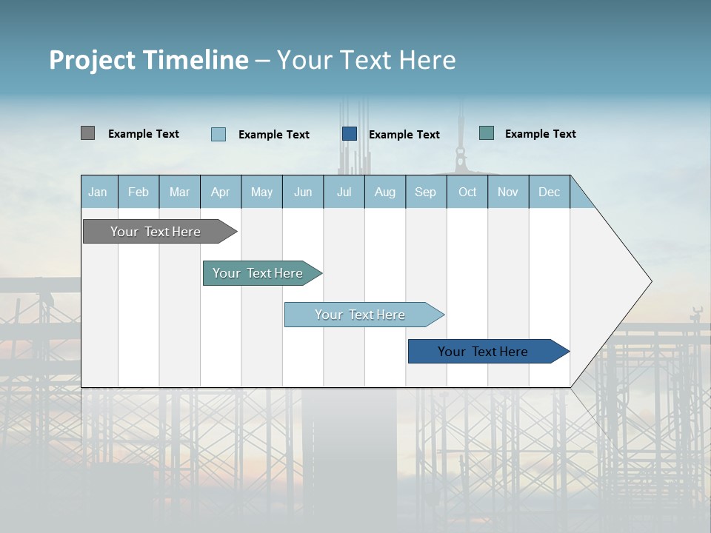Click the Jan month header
coord(98,192)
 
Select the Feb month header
coord(138,192)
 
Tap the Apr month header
coord(221,192)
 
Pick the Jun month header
coord(303,192)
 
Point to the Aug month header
coord(385,192)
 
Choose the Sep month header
coord(425,192)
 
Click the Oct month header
coord(467,192)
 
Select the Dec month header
coord(549,192)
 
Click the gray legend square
coord(87,133)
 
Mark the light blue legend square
coord(218,134)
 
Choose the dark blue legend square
coord(350,134)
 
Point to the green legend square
coord(487,133)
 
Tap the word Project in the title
coord(93,60)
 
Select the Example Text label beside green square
coord(540,134)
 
